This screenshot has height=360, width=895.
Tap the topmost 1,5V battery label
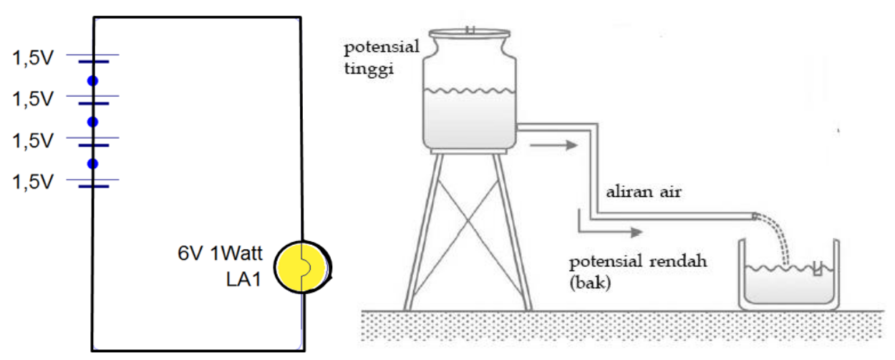[33, 58]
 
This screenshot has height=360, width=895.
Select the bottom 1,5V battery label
[33, 182]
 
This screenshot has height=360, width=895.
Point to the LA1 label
[241, 279]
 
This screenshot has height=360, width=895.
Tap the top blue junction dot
[92, 81]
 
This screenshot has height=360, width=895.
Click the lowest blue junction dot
[92, 164]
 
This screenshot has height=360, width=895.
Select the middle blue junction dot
[92, 122]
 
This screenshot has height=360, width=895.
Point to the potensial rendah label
[639, 261]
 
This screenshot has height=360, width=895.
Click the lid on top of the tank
[469, 32]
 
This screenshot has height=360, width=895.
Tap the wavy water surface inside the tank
[469, 91]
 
